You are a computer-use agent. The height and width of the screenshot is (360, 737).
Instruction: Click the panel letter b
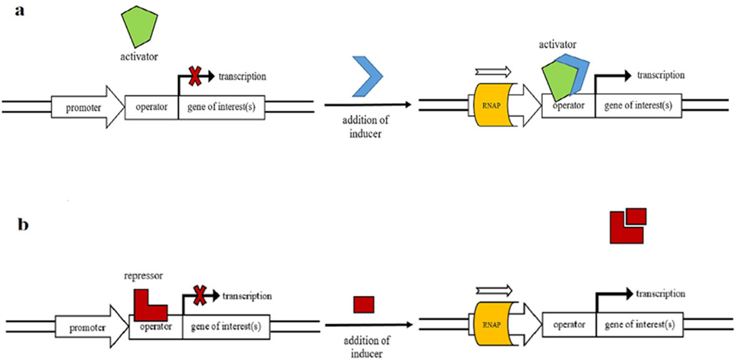click(x=22, y=225)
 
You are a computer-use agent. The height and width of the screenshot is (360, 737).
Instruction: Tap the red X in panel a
click(x=195, y=77)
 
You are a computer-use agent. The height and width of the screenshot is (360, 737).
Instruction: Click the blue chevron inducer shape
click(x=368, y=76)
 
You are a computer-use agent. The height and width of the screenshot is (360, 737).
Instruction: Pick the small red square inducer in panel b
click(x=363, y=305)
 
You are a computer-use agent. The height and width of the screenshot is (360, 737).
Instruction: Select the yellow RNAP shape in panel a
click(x=495, y=104)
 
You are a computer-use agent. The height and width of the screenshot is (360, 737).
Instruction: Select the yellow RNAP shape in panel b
click(x=495, y=324)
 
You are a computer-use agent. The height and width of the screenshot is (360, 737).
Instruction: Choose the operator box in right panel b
click(x=569, y=324)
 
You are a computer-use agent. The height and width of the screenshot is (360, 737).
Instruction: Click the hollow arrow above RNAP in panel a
click(x=493, y=71)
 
